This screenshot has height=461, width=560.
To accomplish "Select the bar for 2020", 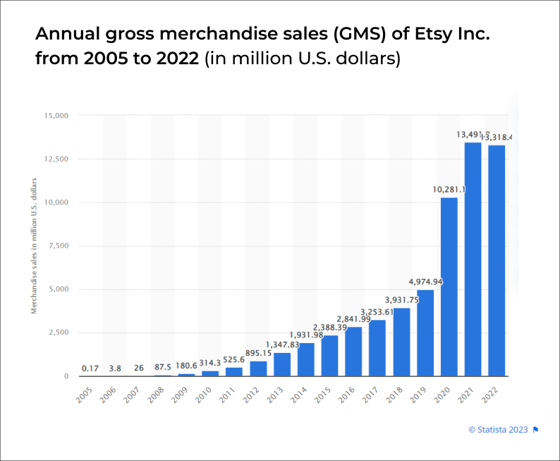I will (x=449, y=287).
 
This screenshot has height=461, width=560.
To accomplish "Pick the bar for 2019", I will (x=425, y=333).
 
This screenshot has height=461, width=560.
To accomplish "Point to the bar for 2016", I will (x=353, y=351).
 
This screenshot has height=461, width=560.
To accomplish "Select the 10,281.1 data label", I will (x=449, y=189).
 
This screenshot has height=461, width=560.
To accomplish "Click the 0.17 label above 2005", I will (x=90, y=368).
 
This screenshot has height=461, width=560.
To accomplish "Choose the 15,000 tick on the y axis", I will (x=56, y=115).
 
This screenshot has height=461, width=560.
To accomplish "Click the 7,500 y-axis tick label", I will (x=58, y=246).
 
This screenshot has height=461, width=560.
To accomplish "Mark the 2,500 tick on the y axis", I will (x=58, y=333).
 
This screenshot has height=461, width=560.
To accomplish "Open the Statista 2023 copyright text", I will (x=498, y=429).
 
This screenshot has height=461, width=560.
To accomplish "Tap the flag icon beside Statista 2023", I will (x=536, y=429).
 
